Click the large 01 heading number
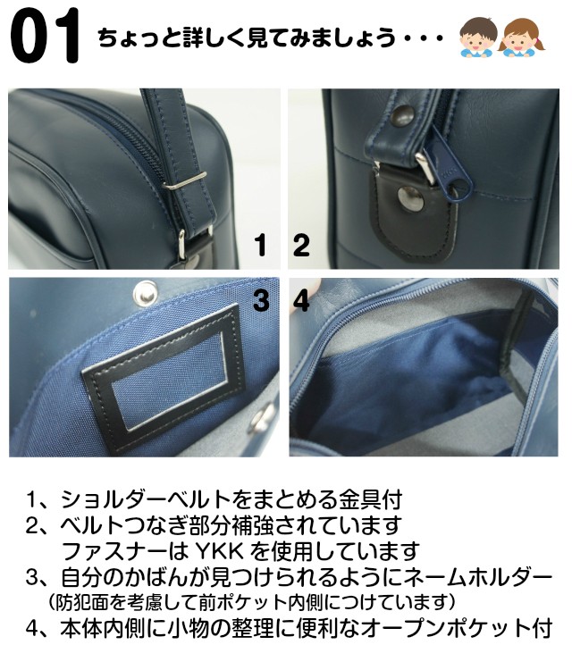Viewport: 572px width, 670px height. (x=46, y=36)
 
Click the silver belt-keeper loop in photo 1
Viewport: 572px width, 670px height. (x=185, y=181)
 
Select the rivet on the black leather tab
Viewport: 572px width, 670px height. (x=410, y=196)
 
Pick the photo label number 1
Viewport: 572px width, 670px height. (x=260, y=246)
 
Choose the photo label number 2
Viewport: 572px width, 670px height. (x=301, y=246)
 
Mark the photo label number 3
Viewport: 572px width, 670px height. (x=261, y=300)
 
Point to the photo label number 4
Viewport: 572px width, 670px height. (x=301, y=300)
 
